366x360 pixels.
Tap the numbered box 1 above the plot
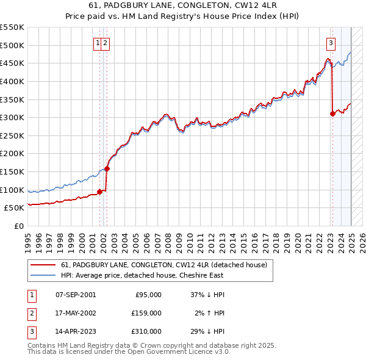coord(98,43)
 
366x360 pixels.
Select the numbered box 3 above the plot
coord(330,43)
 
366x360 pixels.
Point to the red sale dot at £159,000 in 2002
coord(107,168)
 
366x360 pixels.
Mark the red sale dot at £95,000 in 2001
coord(99,192)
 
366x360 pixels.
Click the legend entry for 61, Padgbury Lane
coord(164,265)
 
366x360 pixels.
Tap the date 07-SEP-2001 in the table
coord(76,295)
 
